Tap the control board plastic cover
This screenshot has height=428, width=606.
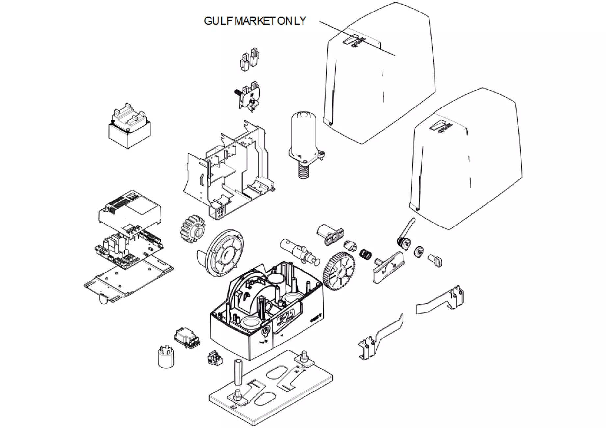click(x=130, y=209)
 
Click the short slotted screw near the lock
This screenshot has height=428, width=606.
click(x=435, y=260)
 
